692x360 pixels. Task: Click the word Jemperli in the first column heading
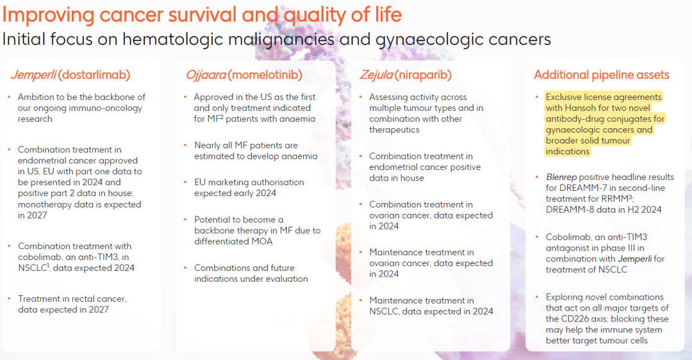[x=33, y=75]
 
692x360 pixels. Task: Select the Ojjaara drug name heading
[x=206, y=75]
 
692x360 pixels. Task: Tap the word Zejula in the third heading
[x=376, y=75]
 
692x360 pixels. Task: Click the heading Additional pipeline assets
[x=602, y=75]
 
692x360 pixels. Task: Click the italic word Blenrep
[x=561, y=177]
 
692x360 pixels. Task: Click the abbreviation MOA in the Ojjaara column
[x=263, y=241]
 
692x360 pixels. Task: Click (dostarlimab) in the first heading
[x=94, y=75]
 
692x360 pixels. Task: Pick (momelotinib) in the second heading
[x=265, y=75]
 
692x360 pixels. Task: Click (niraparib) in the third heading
[x=423, y=75]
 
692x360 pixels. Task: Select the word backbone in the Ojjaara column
[x=214, y=231]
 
